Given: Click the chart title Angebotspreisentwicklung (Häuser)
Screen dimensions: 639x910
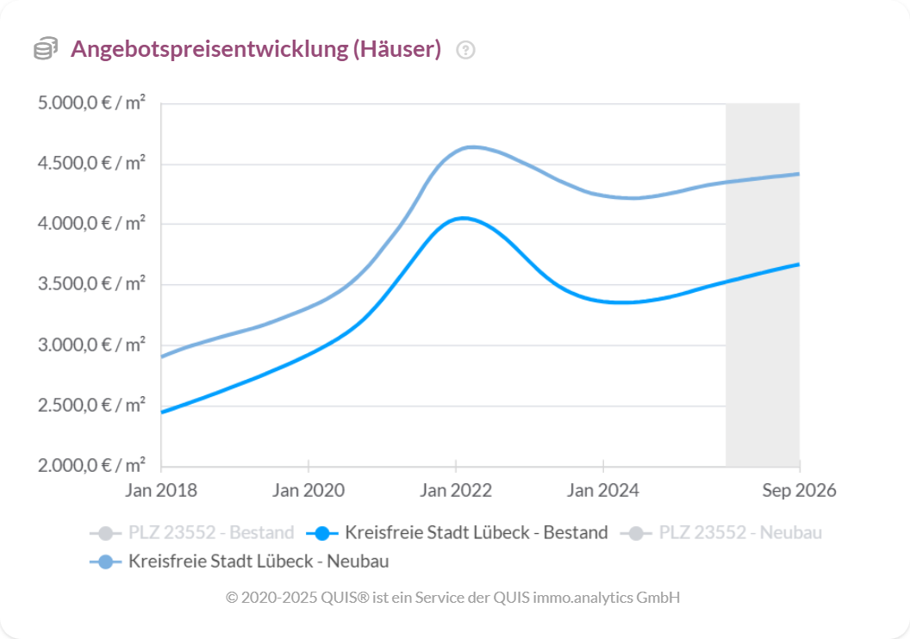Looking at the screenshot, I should (256, 49).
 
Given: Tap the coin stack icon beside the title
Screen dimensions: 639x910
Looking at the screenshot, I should (46, 49).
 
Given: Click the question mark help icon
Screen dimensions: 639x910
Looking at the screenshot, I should (466, 50).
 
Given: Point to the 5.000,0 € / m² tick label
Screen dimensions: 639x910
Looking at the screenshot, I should (91, 103).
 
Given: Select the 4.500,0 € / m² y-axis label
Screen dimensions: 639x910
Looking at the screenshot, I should (91, 164).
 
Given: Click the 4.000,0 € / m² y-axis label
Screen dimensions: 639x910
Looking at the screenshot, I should (91, 224).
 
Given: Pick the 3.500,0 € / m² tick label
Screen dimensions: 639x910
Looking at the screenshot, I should (91, 284).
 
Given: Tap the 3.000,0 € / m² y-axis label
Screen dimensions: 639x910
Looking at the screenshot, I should (91, 345).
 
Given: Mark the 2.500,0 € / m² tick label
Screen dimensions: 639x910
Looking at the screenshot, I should (91, 406).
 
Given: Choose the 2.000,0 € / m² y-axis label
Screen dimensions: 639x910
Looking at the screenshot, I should (91, 466).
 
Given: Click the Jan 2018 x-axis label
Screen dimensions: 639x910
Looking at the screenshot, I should (161, 491).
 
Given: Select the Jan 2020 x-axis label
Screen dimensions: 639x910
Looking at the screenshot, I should (309, 491).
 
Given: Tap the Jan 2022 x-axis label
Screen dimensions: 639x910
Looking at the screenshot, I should (456, 491).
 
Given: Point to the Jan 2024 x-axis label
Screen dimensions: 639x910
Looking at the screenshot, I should (603, 491).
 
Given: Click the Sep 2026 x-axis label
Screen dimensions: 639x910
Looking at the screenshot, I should (799, 491).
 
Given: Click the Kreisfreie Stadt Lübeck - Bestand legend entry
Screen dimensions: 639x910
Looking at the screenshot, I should (462, 532).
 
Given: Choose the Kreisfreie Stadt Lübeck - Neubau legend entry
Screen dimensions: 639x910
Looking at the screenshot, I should (240, 561).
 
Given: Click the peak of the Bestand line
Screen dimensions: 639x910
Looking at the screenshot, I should (463, 218).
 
